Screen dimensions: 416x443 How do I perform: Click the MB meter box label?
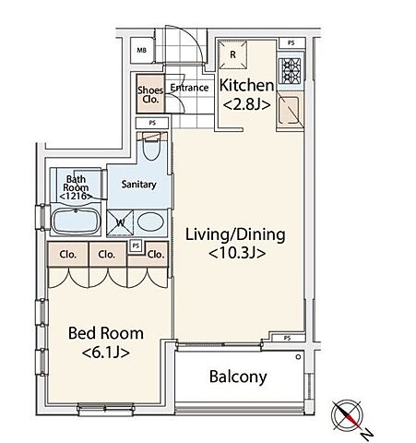coord(141,50)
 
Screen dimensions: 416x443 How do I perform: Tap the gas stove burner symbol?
coord(290,71)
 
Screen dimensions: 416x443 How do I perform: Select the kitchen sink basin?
coord(290,110)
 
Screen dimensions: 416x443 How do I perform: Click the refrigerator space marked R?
coord(232,54)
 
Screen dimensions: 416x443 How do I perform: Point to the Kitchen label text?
coord(246,85)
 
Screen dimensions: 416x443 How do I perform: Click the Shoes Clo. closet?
coord(150,93)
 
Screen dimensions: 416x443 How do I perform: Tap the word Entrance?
coord(189,88)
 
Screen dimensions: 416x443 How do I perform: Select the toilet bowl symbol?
coord(151,146)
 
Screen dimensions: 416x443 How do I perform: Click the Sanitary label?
coord(138,185)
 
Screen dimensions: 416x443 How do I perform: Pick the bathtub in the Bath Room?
coord(76,221)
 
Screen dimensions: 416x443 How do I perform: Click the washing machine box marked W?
coord(120,222)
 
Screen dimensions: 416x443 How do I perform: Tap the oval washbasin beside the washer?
coord(149,221)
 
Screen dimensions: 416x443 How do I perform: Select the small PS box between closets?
coord(136,245)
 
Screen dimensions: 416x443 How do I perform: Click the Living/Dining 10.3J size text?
coord(237,254)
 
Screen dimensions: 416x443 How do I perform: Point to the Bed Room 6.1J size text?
coord(106,353)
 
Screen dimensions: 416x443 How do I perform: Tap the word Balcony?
coord(238,377)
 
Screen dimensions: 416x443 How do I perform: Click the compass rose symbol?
coord(347,415)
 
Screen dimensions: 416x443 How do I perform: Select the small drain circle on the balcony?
coord(298,357)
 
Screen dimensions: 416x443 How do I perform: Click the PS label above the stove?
coord(291,43)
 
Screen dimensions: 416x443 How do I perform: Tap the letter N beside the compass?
coord(367,434)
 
